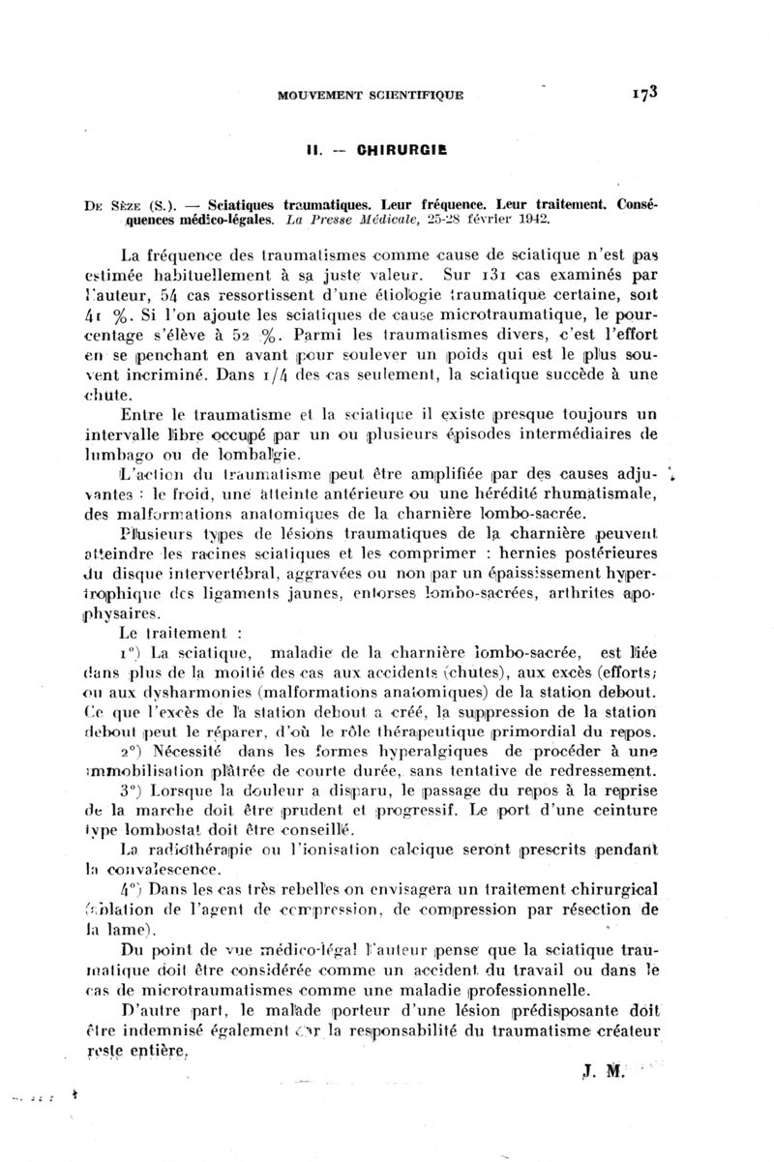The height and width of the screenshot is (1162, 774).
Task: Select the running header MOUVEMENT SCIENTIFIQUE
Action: pos(370,95)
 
